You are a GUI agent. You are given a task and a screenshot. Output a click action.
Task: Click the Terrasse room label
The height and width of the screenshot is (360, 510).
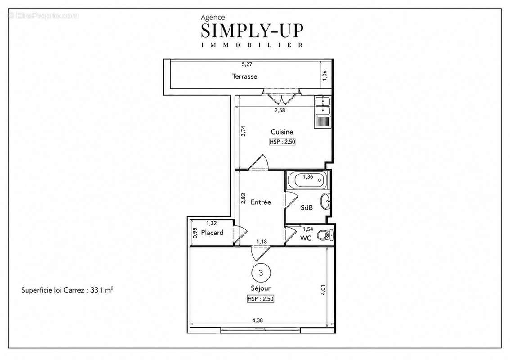point(244,76)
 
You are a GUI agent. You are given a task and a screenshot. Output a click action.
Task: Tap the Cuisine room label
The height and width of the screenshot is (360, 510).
point(282,132)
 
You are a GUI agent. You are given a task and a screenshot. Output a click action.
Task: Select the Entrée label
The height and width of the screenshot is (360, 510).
point(261,202)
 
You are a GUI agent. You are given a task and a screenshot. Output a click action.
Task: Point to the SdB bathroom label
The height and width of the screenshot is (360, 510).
point(307,207)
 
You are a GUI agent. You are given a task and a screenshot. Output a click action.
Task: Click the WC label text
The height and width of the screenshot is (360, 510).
point(306,238)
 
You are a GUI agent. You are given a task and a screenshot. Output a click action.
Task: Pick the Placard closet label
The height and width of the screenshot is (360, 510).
point(212,233)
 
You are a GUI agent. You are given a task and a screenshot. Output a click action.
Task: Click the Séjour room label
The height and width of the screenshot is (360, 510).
point(261,288)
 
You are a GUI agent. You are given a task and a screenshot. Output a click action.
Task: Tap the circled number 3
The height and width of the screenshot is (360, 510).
point(261,273)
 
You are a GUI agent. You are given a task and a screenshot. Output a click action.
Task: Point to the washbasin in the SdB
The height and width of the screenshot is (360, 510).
point(325,201)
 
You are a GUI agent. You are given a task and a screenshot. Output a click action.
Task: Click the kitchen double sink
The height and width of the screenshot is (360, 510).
point(322,106)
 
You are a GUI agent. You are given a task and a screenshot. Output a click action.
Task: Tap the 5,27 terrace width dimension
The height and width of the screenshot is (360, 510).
point(247,64)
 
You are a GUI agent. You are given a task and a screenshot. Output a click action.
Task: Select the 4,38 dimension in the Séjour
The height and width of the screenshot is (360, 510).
point(257,320)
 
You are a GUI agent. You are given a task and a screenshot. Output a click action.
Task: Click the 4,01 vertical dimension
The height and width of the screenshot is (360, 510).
point(323,290)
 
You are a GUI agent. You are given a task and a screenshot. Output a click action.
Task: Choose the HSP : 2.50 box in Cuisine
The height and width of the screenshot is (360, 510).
point(282,142)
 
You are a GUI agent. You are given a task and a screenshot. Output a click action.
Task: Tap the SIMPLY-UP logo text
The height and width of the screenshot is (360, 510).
point(252,31)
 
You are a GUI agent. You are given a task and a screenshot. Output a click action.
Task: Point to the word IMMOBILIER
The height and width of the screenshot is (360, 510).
point(252,45)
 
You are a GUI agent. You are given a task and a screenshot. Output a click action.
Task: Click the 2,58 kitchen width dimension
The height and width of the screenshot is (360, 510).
point(280,110)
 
